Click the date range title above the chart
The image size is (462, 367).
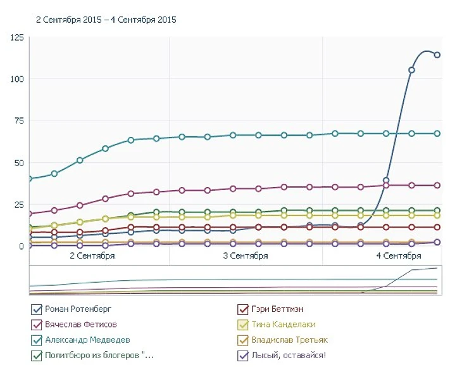click(106, 20)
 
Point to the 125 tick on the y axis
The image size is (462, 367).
click(17, 38)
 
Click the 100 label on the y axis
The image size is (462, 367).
click(17, 79)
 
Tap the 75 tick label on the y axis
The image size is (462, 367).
click(19, 120)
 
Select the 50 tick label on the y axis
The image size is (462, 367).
click(19, 162)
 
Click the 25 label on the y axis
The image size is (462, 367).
click(19, 204)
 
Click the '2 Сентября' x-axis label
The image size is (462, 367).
click(92, 256)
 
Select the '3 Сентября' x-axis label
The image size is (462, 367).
click(246, 256)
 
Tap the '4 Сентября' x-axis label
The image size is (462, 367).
click(399, 256)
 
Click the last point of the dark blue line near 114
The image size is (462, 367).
click(437, 55)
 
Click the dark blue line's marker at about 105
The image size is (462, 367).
click(411, 70)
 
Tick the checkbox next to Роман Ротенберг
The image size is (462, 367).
click(36, 310)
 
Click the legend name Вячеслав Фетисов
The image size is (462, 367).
click(81, 325)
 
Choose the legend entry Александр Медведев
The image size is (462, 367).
click(87, 340)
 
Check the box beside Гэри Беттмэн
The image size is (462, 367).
click(242, 310)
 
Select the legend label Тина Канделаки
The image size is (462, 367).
click(284, 325)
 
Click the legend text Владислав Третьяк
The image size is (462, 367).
click(289, 340)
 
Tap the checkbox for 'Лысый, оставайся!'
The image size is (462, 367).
click(242, 356)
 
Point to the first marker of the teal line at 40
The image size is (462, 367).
click(30, 179)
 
